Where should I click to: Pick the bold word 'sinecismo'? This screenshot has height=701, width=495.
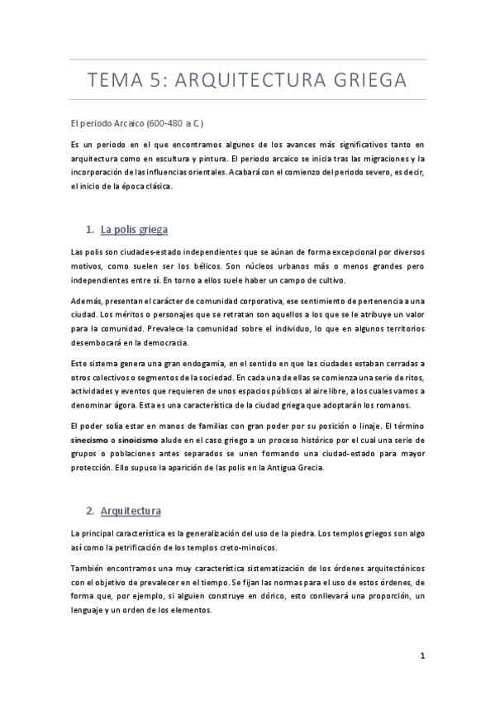click(93, 441)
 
